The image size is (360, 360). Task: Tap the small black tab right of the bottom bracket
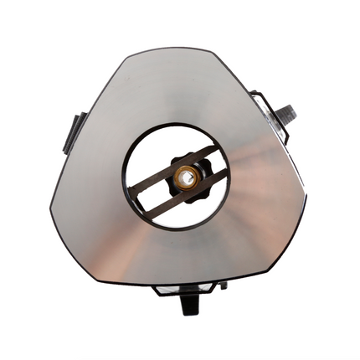(x=224, y=285)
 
